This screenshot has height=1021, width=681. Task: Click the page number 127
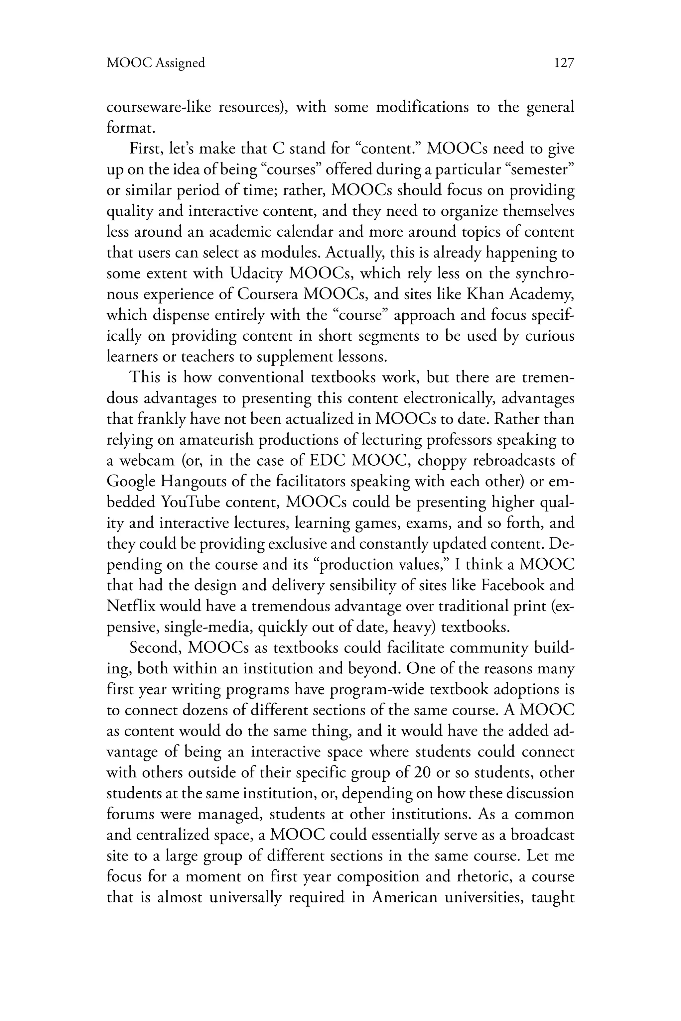point(564,63)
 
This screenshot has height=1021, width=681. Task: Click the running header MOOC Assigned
point(156,63)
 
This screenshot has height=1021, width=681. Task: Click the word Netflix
point(131,606)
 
